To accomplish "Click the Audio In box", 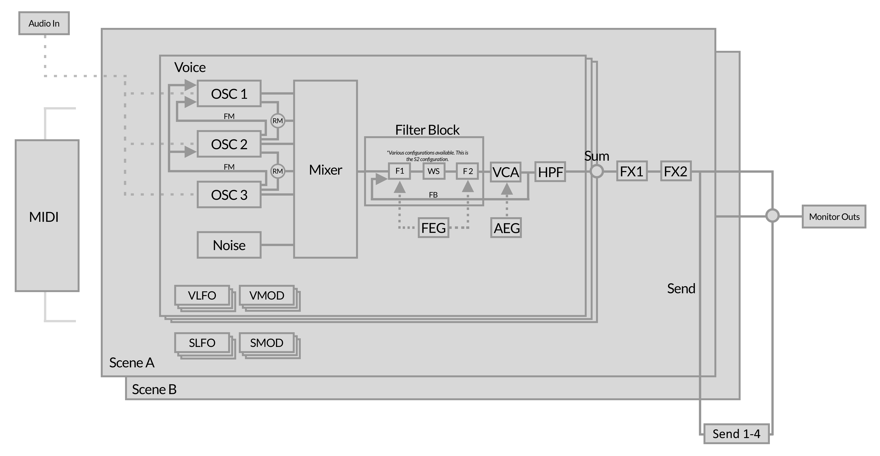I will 44,23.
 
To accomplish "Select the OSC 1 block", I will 229,94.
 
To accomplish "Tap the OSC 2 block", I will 229,144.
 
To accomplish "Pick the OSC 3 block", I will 229,194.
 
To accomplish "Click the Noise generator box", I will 229,245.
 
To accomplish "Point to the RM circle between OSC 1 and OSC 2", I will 277,121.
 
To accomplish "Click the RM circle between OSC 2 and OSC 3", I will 277,171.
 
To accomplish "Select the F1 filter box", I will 399,171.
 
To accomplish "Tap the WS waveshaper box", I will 433,171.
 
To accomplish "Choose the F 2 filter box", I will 467,171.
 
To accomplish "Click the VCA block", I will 506,172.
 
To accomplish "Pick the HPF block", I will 550,172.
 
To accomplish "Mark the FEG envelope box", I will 433,228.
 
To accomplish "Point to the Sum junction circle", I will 596,171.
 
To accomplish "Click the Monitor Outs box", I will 834,216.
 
